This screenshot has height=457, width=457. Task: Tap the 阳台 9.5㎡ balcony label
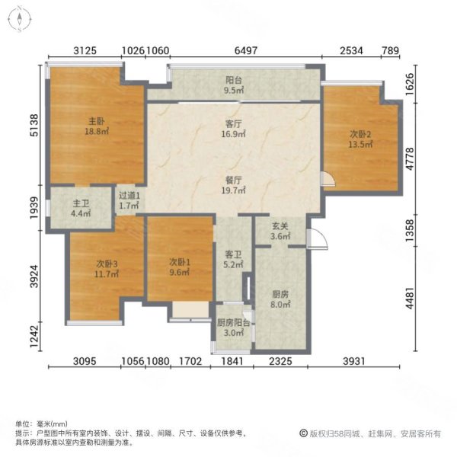[234, 85]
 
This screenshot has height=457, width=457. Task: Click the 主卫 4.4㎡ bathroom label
[81, 209]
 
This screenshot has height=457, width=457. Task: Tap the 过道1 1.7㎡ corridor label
[129, 200]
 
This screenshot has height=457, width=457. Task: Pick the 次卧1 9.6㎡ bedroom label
[179, 268]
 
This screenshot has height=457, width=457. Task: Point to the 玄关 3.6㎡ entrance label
[280, 231]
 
